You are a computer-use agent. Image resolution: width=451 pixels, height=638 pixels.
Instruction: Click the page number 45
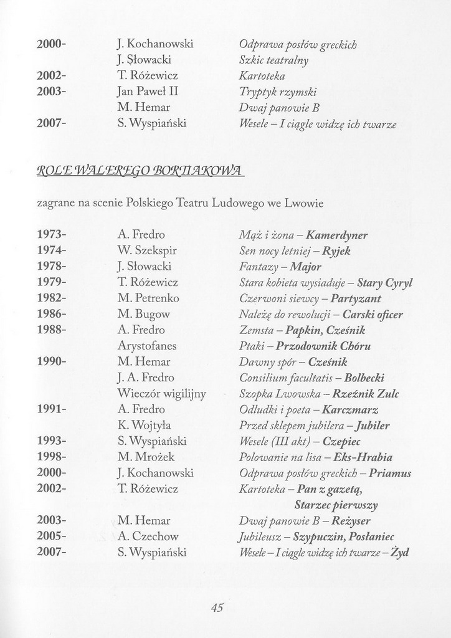coord(217,609)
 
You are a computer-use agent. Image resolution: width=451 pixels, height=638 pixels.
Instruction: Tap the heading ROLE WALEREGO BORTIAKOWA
coord(141,171)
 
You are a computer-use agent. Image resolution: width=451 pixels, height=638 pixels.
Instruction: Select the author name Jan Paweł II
coord(148,92)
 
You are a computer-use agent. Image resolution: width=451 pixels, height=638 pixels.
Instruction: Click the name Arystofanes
coord(147,346)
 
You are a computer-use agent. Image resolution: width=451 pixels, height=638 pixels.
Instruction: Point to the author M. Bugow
coord(143,314)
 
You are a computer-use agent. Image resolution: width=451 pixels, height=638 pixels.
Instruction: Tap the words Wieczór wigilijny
coord(161,394)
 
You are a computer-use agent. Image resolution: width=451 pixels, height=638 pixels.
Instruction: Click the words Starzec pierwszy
coord(336,505)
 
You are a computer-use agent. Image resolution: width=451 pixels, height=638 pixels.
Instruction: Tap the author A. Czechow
coord(148,536)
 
